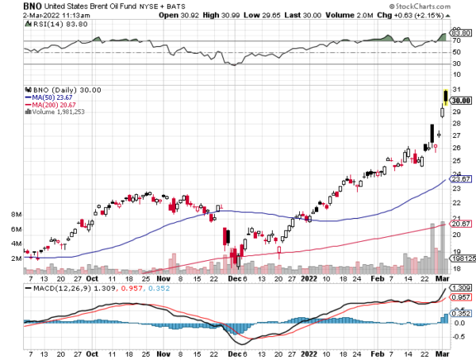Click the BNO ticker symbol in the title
click(13, 6)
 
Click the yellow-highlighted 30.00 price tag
click(462, 100)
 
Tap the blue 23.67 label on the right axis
click(462, 180)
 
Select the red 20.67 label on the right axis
click(462, 225)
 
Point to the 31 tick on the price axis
click(455, 88)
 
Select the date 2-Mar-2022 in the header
click(26, 15)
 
